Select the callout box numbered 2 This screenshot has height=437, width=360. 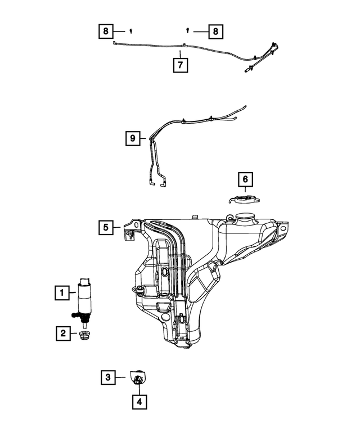[62, 334]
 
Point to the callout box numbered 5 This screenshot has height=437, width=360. [105, 227]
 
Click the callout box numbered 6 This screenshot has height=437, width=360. [245, 179]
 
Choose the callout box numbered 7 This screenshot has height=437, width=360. [180, 65]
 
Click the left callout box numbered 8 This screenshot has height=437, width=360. [105, 32]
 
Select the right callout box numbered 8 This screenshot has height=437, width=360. [215, 32]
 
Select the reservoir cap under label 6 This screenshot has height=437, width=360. [243, 199]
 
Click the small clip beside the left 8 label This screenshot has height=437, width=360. [130, 30]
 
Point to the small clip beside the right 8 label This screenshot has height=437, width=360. [187, 29]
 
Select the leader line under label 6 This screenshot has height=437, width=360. [245, 190]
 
